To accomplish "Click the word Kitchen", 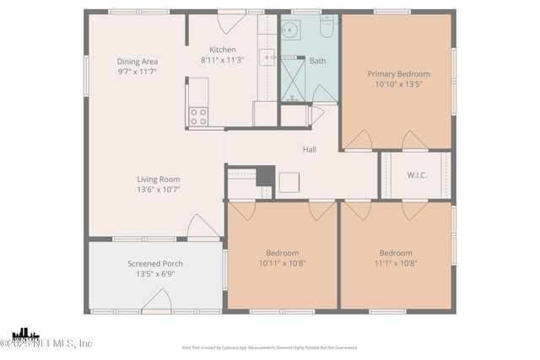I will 223,50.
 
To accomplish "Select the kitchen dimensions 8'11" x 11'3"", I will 223,61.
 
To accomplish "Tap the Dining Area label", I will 138,62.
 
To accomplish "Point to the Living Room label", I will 159,179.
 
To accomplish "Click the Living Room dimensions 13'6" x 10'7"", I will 159,190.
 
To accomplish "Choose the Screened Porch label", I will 155,263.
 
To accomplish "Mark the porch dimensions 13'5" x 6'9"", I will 155,274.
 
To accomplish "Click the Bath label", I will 317,61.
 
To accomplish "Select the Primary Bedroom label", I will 398,74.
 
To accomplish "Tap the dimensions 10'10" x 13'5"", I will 398,84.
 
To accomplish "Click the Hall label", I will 310,150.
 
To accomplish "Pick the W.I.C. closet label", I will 416,176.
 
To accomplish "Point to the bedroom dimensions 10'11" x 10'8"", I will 283,263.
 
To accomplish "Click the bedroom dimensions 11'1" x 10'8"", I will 395,263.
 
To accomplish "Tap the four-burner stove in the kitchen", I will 198,116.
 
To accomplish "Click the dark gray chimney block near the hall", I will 265,175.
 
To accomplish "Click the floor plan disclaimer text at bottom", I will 269,347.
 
